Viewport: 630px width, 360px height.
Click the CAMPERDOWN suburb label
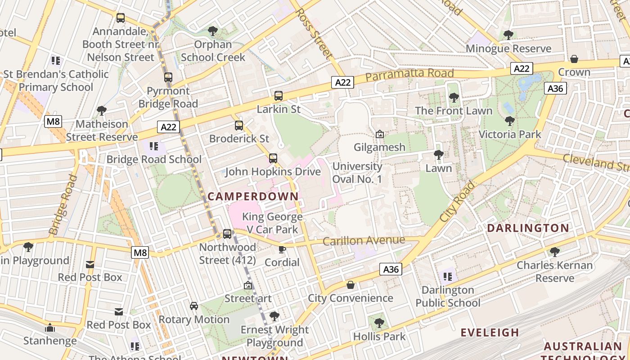click(x=253, y=196)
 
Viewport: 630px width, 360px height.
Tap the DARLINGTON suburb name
click(x=528, y=228)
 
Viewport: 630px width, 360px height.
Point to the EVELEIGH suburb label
click(x=490, y=333)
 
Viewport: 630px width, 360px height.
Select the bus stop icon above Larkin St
click(x=279, y=96)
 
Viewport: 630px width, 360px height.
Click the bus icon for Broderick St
click(x=239, y=126)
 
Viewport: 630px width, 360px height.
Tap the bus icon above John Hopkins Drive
click(x=273, y=158)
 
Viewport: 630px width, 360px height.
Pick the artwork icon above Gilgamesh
click(x=380, y=134)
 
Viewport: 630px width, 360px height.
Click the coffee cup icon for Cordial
click(x=282, y=249)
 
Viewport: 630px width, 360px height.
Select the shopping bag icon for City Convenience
click(x=351, y=285)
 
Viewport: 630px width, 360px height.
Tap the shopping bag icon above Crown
click(x=574, y=59)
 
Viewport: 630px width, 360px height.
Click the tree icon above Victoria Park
click(x=509, y=121)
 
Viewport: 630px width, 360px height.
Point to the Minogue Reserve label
click(x=508, y=49)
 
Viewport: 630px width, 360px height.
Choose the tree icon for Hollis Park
click(x=379, y=323)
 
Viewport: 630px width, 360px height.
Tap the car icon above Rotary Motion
click(x=194, y=306)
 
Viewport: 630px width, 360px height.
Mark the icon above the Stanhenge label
click(x=50, y=328)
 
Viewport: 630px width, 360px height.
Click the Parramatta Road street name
click(x=409, y=75)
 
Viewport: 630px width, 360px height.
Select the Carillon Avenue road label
click(x=364, y=241)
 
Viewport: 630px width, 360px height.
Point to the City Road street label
click(x=457, y=201)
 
